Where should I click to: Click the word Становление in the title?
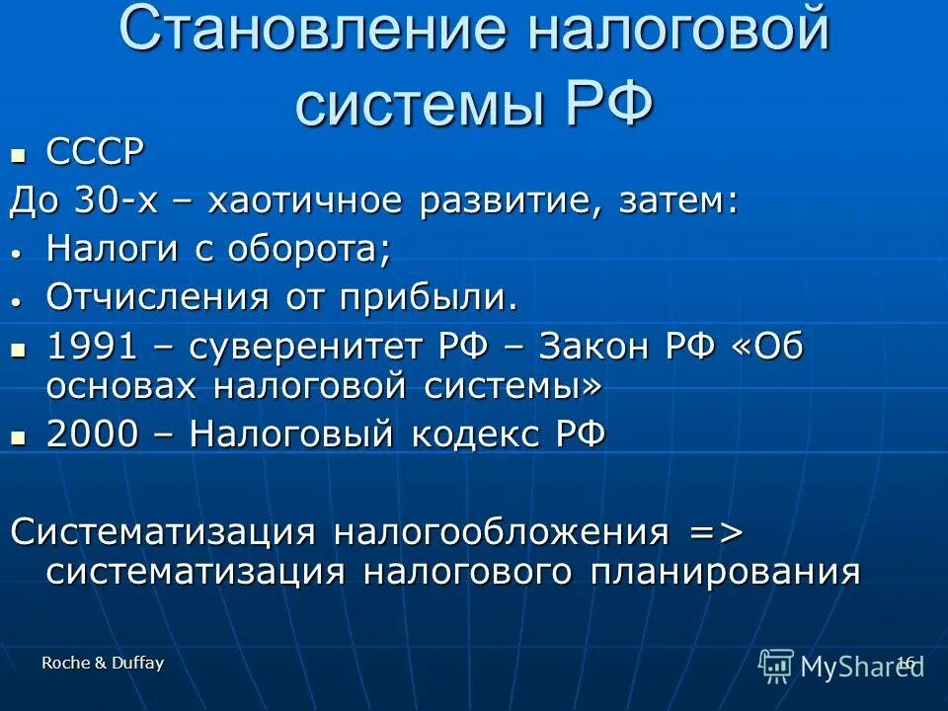click(x=307, y=31)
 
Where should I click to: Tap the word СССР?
click(x=96, y=153)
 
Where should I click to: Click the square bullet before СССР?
click(x=17, y=155)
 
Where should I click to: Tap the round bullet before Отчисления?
click(x=17, y=299)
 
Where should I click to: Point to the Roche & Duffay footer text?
click(x=103, y=664)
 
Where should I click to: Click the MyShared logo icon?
click(x=776, y=666)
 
